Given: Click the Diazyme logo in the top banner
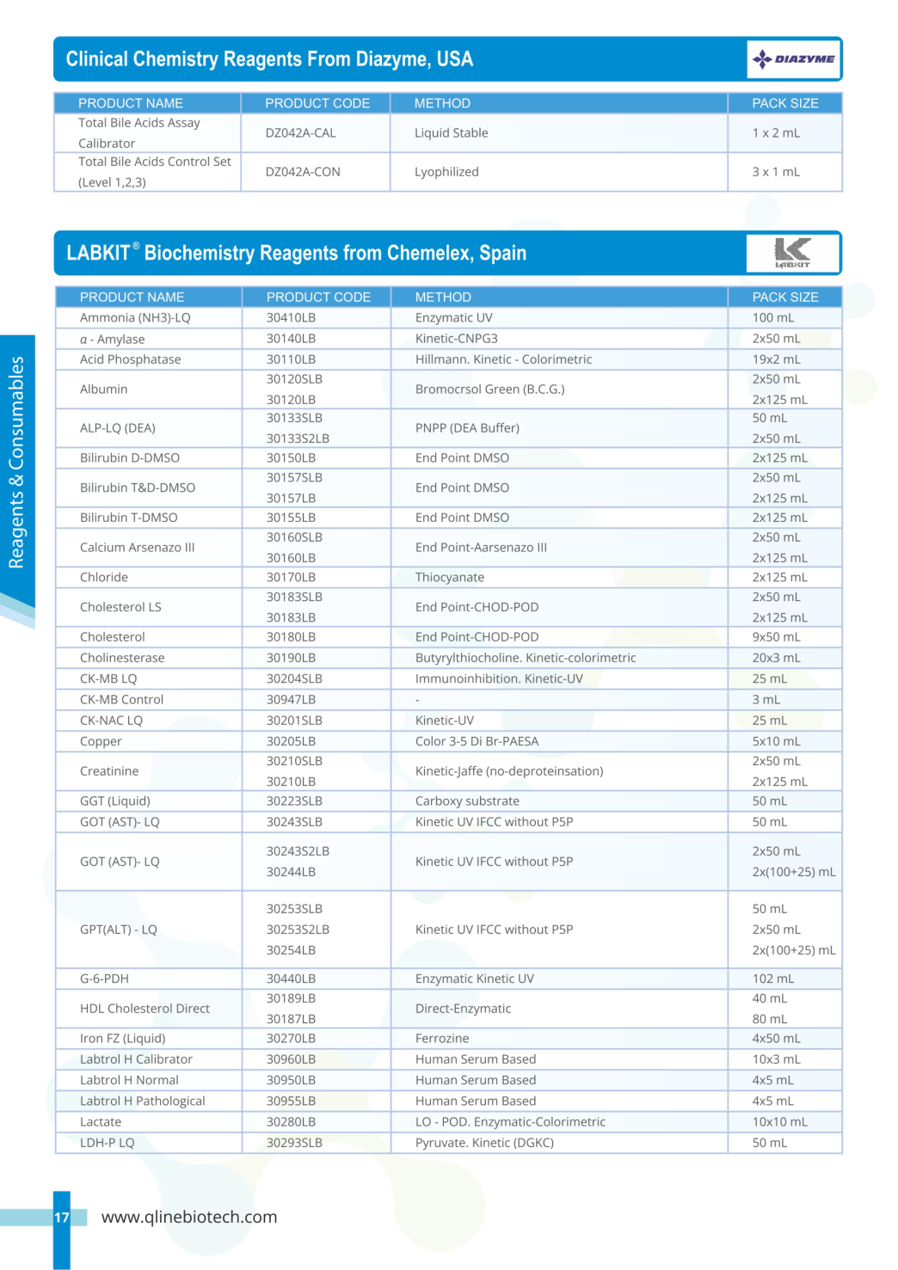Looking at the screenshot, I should pyautogui.click(x=793, y=59).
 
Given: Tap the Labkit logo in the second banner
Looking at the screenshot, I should pyautogui.click(x=792, y=253).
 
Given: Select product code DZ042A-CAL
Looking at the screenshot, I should pyautogui.click(x=300, y=133).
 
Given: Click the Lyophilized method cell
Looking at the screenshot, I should pyautogui.click(x=446, y=172).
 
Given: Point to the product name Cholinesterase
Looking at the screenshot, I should pyautogui.click(x=122, y=658).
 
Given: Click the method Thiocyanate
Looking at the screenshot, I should pyautogui.click(x=449, y=578).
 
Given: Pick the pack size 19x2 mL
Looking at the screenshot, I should pyautogui.click(x=776, y=359).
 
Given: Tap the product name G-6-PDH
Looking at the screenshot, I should pyautogui.click(x=104, y=979).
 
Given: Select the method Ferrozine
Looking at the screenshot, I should pyautogui.click(x=442, y=1039).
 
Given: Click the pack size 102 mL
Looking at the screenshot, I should pyautogui.click(x=772, y=979).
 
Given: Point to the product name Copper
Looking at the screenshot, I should pyautogui.click(x=101, y=741).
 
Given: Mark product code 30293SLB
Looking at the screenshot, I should pyautogui.click(x=294, y=1143).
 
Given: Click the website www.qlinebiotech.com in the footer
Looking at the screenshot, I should pyautogui.click(x=189, y=1217).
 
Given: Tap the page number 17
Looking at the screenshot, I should pyautogui.click(x=62, y=1218).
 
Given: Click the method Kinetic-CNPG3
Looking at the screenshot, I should pyautogui.click(x=456, y=339).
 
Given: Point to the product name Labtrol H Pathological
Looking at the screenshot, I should pyautogui.click(x=142, y=1101).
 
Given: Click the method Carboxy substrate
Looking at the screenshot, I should pyautogui.click(x=467, y=801).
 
